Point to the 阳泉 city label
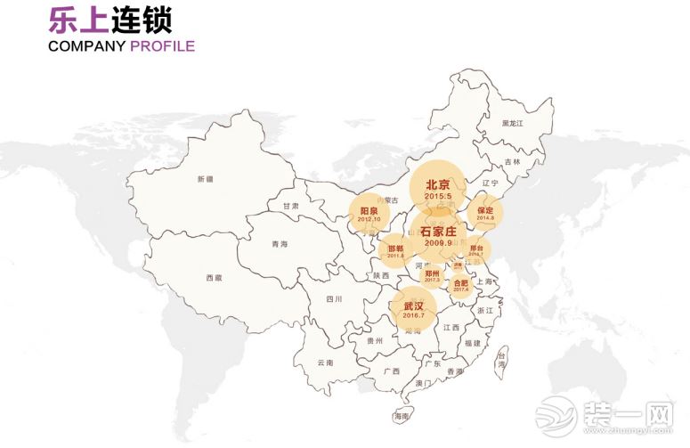tap(369, 210)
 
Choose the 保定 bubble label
tap(485, 210)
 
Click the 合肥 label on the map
tap(460, 283)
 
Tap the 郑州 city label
tap(433, 272)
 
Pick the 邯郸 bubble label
tap(395, 248)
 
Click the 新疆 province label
tap(206, 179)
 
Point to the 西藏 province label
tap(214, 278)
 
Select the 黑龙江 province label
tap(513, 122)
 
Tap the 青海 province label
tap(280, 243)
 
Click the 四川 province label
tap(334, 299)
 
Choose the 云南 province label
tap(325, 362)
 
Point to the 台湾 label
tap(501, 358)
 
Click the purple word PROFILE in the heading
tap(162, 46)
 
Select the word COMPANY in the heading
tap(87, 46)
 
